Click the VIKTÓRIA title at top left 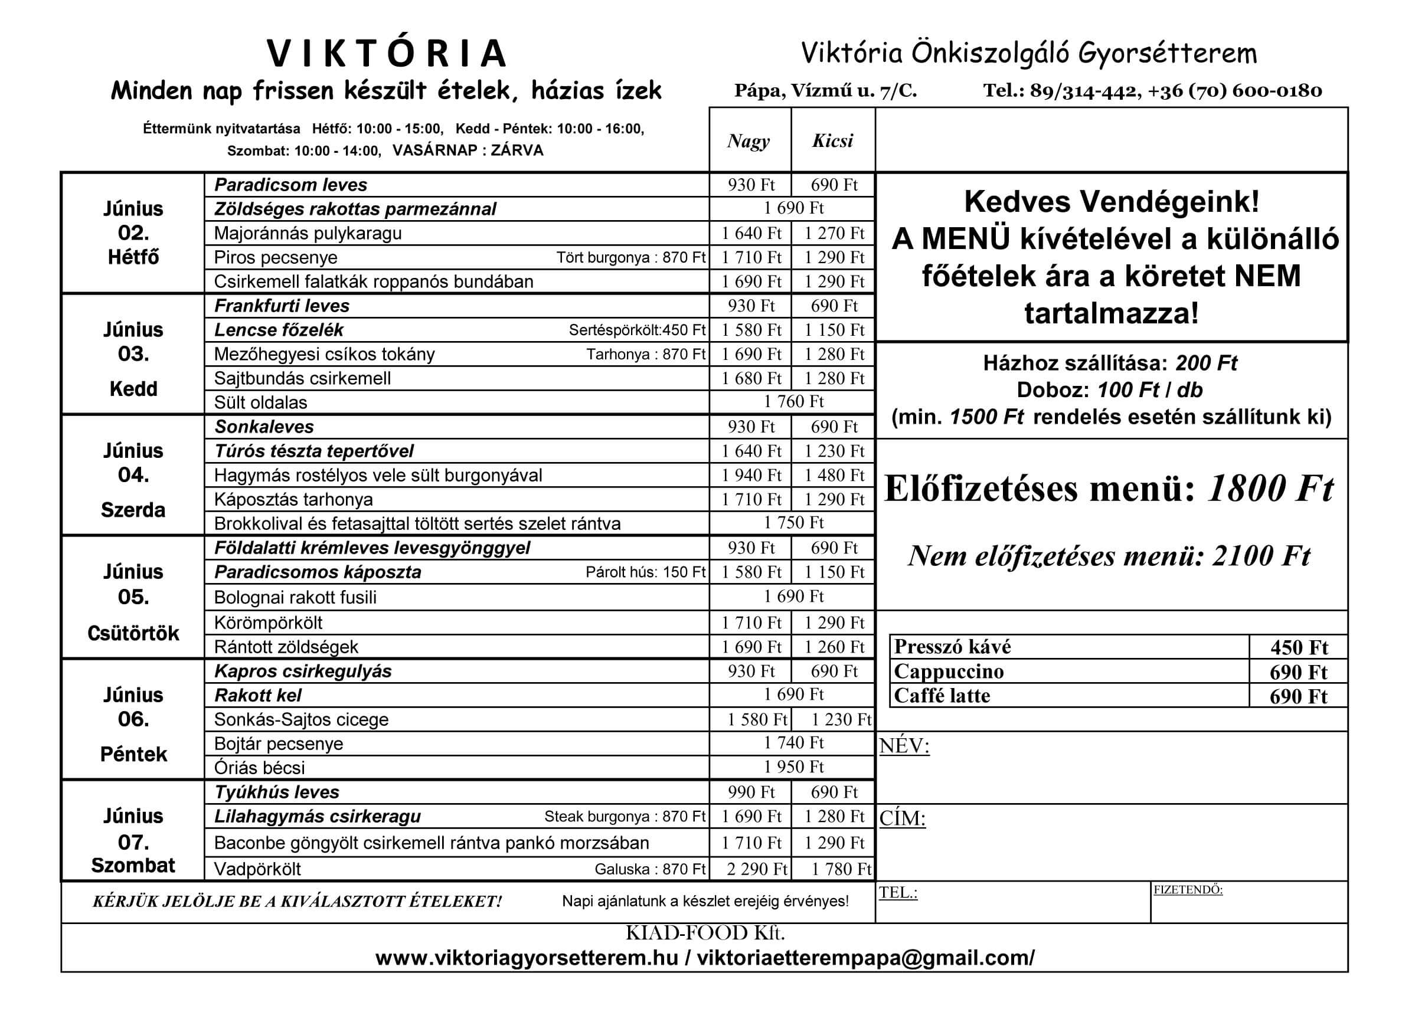(387, 53)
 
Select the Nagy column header (749, 141)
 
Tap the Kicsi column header (832, 141)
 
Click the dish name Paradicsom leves (290, 185)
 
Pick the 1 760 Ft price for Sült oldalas (793, 402)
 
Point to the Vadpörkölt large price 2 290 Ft (756, 869)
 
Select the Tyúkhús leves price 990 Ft (751, 792)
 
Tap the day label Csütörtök (133, 633)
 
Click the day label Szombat (133, 865)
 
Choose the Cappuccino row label (948, 672)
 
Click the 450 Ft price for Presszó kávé (1299, 647)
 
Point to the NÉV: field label (904, 746)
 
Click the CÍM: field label (902, 818)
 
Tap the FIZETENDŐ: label (1188, 890)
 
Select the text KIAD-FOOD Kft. (704, 933)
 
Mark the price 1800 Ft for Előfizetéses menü (1270, 489)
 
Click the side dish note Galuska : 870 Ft (649, 869)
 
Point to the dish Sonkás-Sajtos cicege (301, 719)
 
